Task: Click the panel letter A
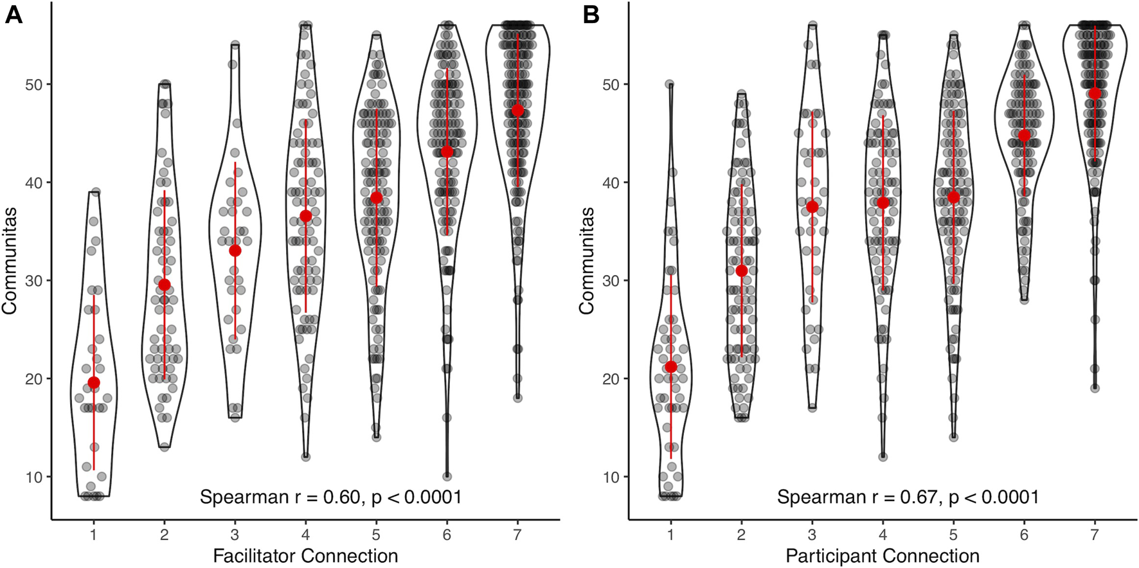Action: click(x=13, y=15)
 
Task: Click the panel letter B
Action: click(x=591, y=15)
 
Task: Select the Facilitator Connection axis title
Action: click(x=305, y=556)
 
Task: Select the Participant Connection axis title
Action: click(x=883, y=556)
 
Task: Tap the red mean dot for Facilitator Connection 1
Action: click(x=94, y=383)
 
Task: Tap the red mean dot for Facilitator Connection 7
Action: click(x=517, y=111)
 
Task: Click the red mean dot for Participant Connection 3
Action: click(x=812, y=207)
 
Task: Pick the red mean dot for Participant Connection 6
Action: click(x=1024, y=136)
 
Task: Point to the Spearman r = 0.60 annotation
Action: click(x=330, y=497)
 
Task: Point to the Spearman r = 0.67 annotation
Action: click(x=908, y=497)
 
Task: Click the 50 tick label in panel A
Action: click(x=33, y=85)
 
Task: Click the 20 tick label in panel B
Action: click(x=611, y=379)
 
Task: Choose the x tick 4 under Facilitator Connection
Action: click(x=305, y=534)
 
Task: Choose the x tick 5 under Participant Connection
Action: click(x=953, y=534)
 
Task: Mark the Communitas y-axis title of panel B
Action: click(x=586, y=261)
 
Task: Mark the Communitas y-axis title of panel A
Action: click(x=9, y=261)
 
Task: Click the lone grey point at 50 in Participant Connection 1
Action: click(x=670, y=84)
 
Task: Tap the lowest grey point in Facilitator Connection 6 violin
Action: click(x=447, y=477)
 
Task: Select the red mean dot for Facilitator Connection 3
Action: click(x=235, y=251)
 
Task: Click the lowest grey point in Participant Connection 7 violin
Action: click(x=1095, y=388)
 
